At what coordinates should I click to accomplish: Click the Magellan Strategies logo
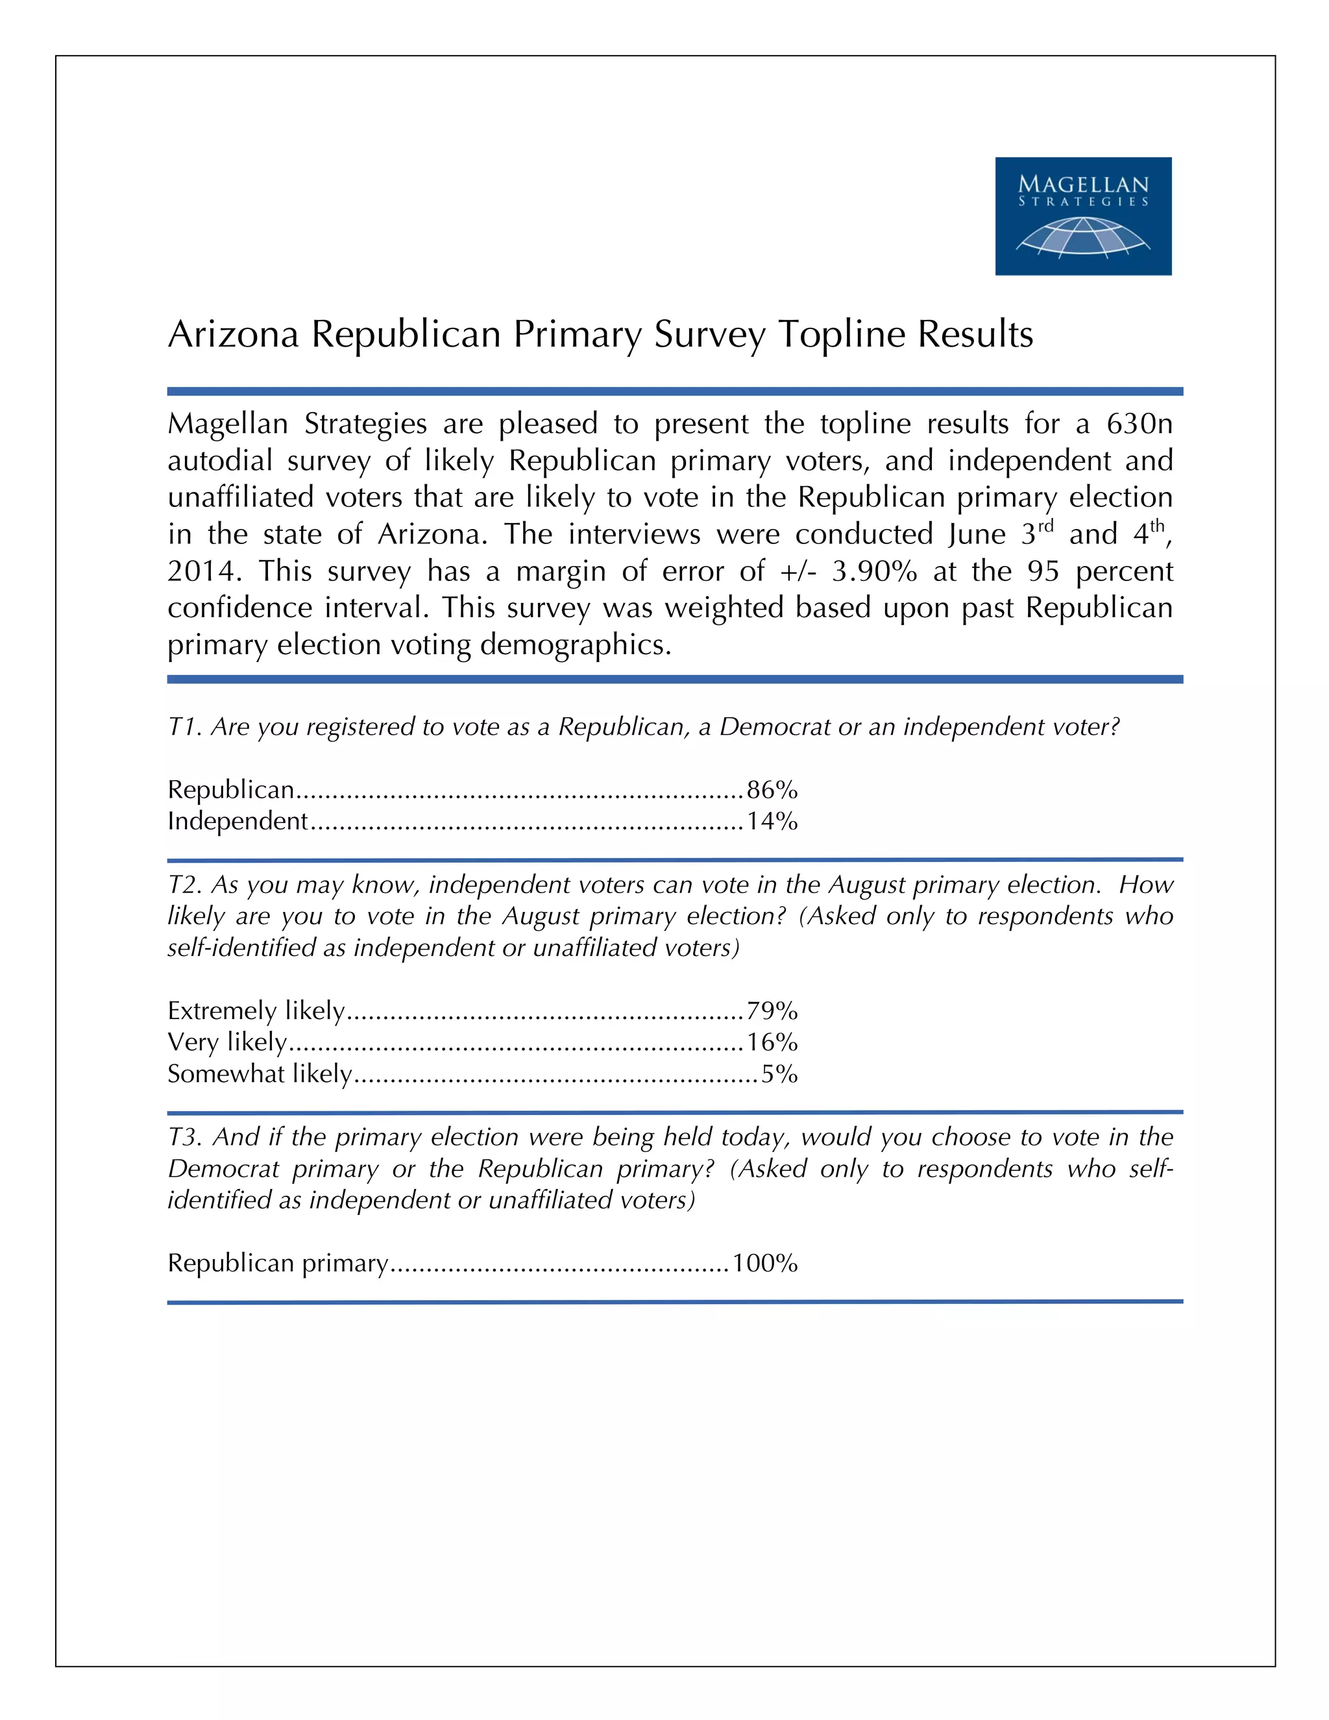pyautogui.click(x=1082, y=215)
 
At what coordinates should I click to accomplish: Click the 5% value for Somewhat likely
pyautogui.click(x=779, y=1074)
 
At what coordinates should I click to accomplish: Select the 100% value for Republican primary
pyautogui.click(x=764, y=1263)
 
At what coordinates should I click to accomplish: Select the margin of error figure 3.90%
pyautogui.click(x=874, y=571)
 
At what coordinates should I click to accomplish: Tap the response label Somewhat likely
pyautogui.click(x=260, y=1074)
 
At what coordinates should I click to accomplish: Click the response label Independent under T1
pyautogui.click(x=237, y=822)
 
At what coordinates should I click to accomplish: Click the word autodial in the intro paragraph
pyautogui.click(x=219, y=461)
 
